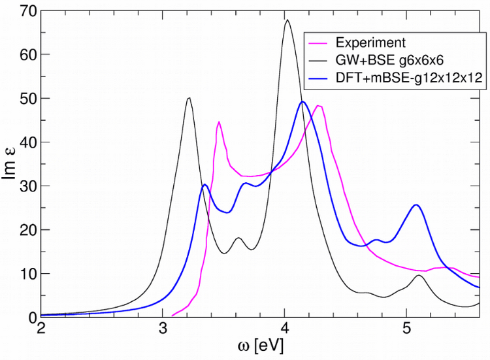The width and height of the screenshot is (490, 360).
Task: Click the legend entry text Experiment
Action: click(x=370, y=43)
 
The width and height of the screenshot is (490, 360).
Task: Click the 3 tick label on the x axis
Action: click(x=163, y=330)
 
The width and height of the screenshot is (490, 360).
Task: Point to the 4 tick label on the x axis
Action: click(x=285, y=330)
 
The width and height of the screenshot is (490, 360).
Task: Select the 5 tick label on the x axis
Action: click(x=406, y=330)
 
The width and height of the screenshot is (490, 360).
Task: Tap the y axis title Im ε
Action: click(x=11, y=163)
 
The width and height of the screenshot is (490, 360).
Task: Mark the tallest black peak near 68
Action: click(x=287, y=20)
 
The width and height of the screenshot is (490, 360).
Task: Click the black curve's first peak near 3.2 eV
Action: click(x=189, y=98)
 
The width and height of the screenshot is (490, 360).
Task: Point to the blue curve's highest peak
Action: click(x=302, y=102)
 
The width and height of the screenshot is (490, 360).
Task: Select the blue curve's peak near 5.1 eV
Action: click(x=416, y=205)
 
